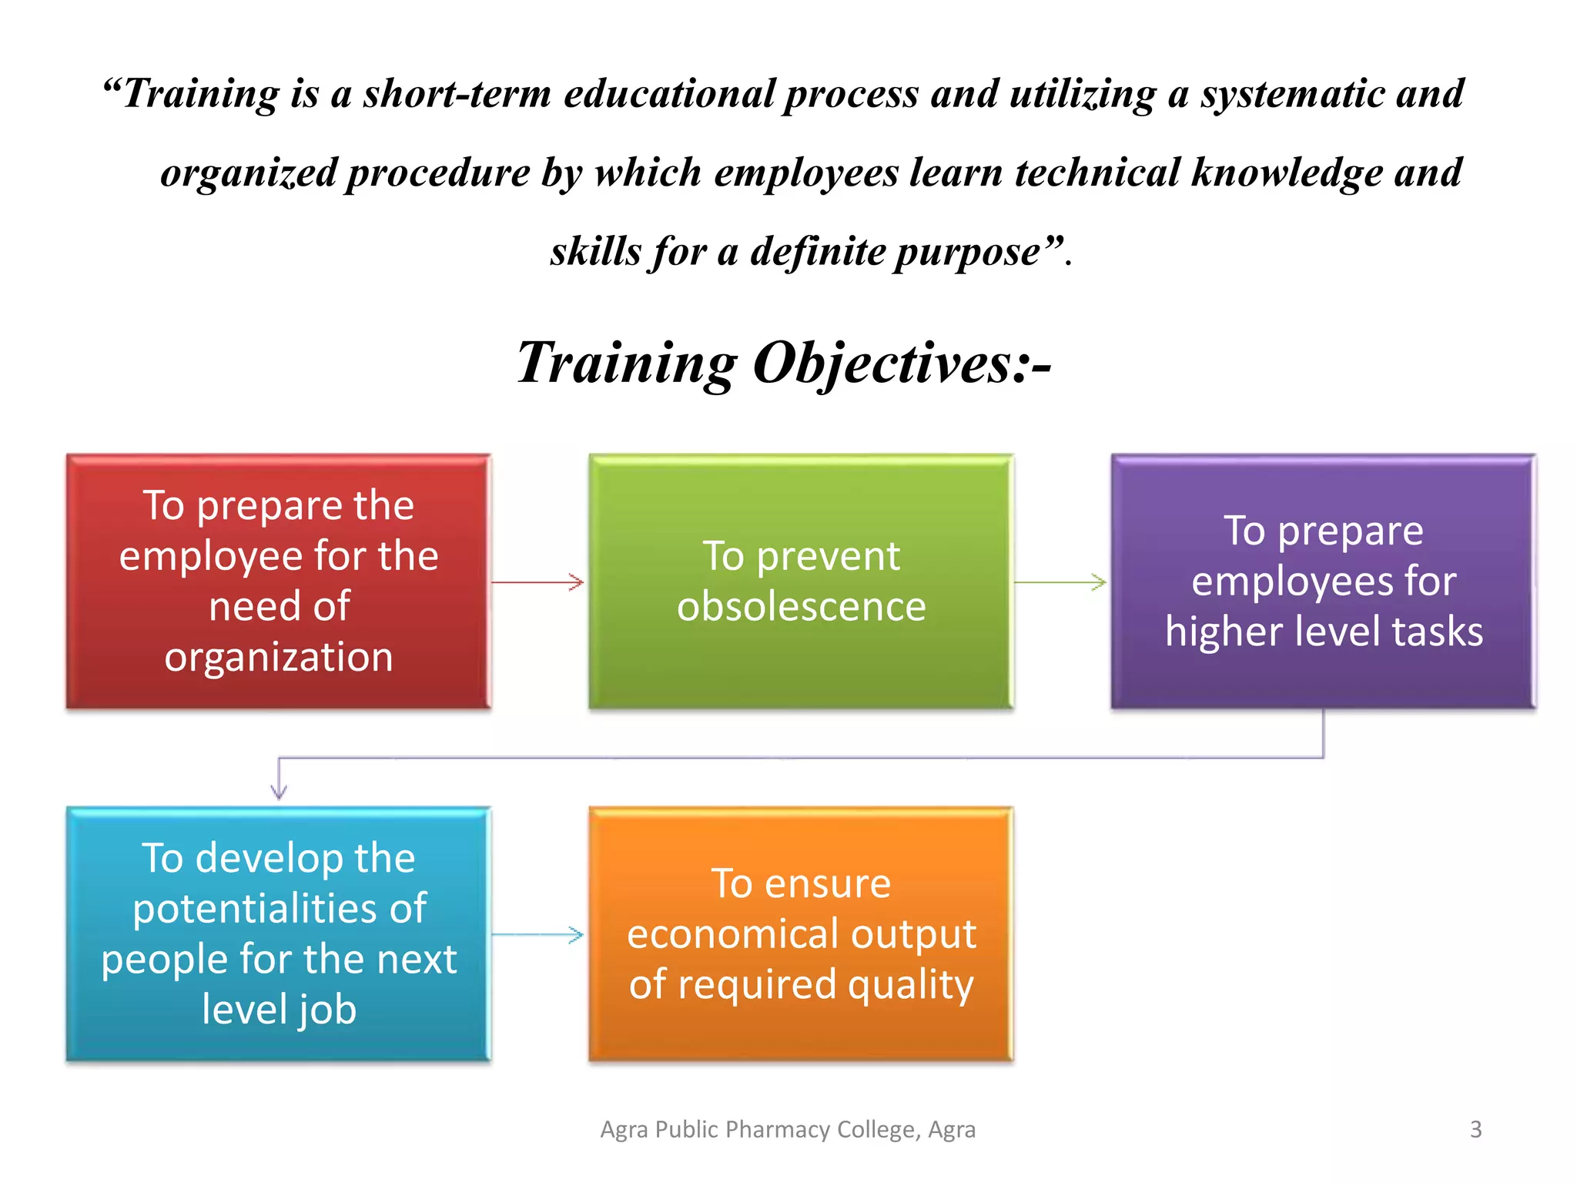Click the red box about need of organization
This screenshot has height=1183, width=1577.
[x=278, y=581]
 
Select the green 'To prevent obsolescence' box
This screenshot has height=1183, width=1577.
[x=801, y=581]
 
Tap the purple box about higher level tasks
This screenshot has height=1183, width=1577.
[x=1323, y=581]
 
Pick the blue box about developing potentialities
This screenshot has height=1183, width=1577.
[x=278, y=933]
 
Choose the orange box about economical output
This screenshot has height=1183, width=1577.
[x=801, y=933]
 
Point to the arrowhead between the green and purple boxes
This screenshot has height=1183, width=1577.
[x=1100, y=582]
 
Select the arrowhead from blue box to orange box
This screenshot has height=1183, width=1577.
[x=577, y=935]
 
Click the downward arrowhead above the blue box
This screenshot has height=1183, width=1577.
[x=279, y=791]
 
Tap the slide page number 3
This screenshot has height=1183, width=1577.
[x=1475, y=1129]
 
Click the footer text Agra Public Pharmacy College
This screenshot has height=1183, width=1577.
[x=787, y=1129]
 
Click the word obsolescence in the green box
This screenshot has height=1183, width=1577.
[x=801, y=606]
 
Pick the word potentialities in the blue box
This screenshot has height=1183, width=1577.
[x=279, y=909]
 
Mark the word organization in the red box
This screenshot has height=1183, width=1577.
[x=278, y=657]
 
